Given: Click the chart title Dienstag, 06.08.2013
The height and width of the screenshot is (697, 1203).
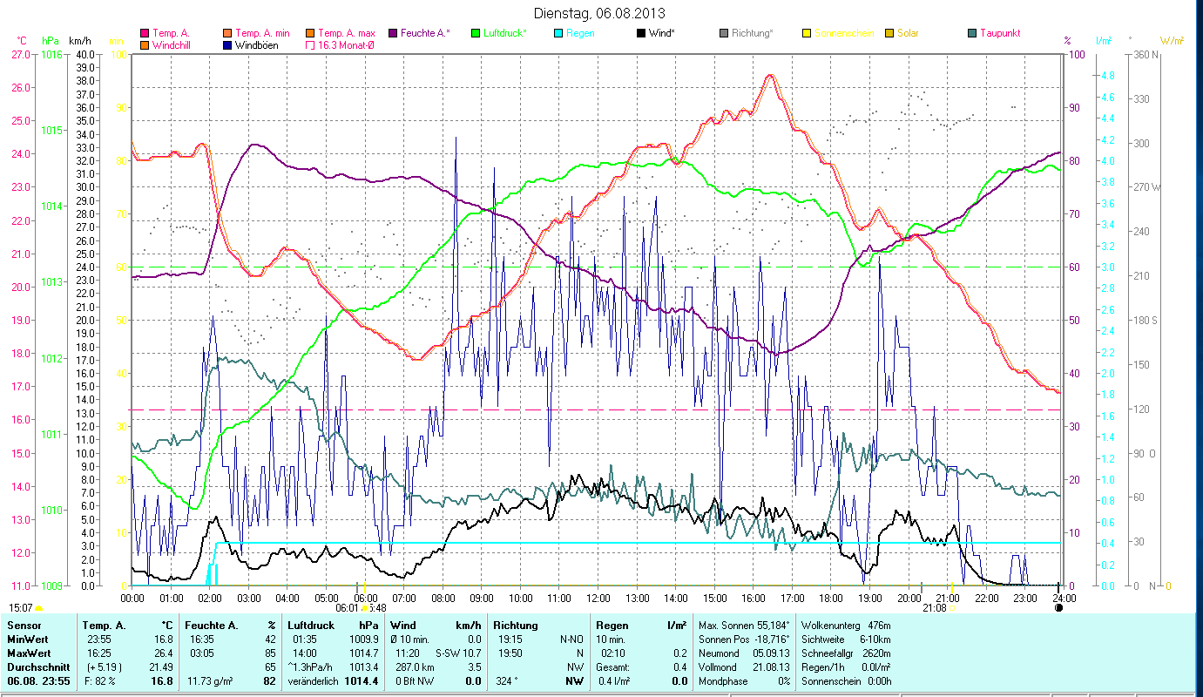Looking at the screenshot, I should click(x=601, y=14).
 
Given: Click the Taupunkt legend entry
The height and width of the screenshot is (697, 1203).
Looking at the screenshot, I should click(x=999, y=33).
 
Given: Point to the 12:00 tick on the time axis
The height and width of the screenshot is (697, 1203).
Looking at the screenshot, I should click(x=598, y=598).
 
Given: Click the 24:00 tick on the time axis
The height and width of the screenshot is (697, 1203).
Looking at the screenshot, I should click(x=1063, y=598).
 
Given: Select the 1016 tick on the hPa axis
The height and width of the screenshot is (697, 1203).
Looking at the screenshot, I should click(x=51, y=54).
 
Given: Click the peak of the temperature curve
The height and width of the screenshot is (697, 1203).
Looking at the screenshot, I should click(x=769, y=76).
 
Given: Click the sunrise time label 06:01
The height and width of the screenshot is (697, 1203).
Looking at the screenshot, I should click(x=347, y=608).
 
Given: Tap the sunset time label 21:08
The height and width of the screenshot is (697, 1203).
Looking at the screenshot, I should click(x=935, y=608).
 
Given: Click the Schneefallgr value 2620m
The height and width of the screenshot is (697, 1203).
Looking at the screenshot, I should click(x=889, y=653).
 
